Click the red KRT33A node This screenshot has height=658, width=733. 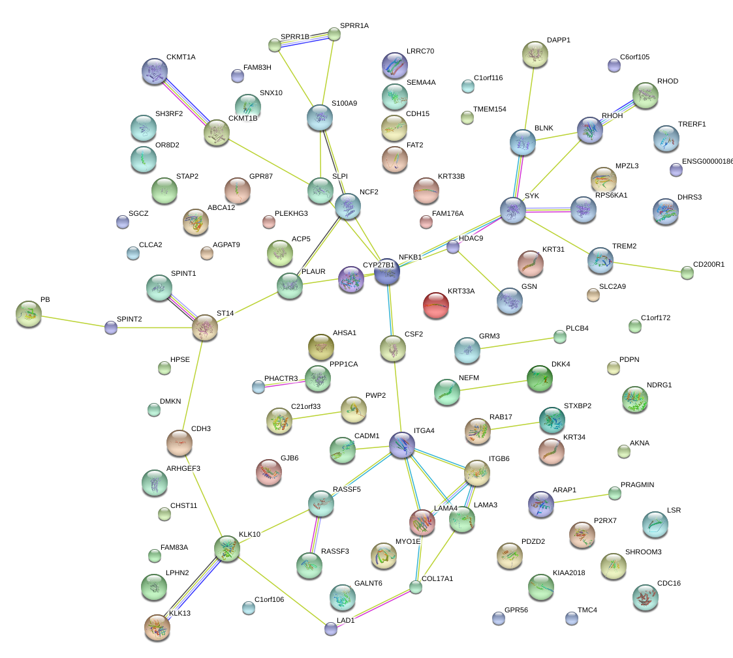pos(436,305)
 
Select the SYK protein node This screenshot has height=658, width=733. pos(513,209)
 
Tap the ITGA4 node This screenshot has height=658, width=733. pos(401,444)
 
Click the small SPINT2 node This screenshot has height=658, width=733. pos(111,327)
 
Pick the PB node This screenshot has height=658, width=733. pos(28,313)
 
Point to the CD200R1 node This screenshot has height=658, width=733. pos(687,273)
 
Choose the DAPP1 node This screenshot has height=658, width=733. pos(535,54)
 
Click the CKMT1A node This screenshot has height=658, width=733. pos(155,71)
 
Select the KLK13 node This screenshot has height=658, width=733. pos(157,627)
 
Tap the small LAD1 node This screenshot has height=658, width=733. pos(331,629)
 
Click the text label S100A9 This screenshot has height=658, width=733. pos(344,103)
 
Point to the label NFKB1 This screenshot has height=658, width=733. pos(411,257)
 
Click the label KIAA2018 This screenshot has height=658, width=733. pos(569,573)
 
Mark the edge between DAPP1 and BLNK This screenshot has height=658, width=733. pos(529,98)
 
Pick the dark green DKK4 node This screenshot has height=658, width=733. pos(539,378)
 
